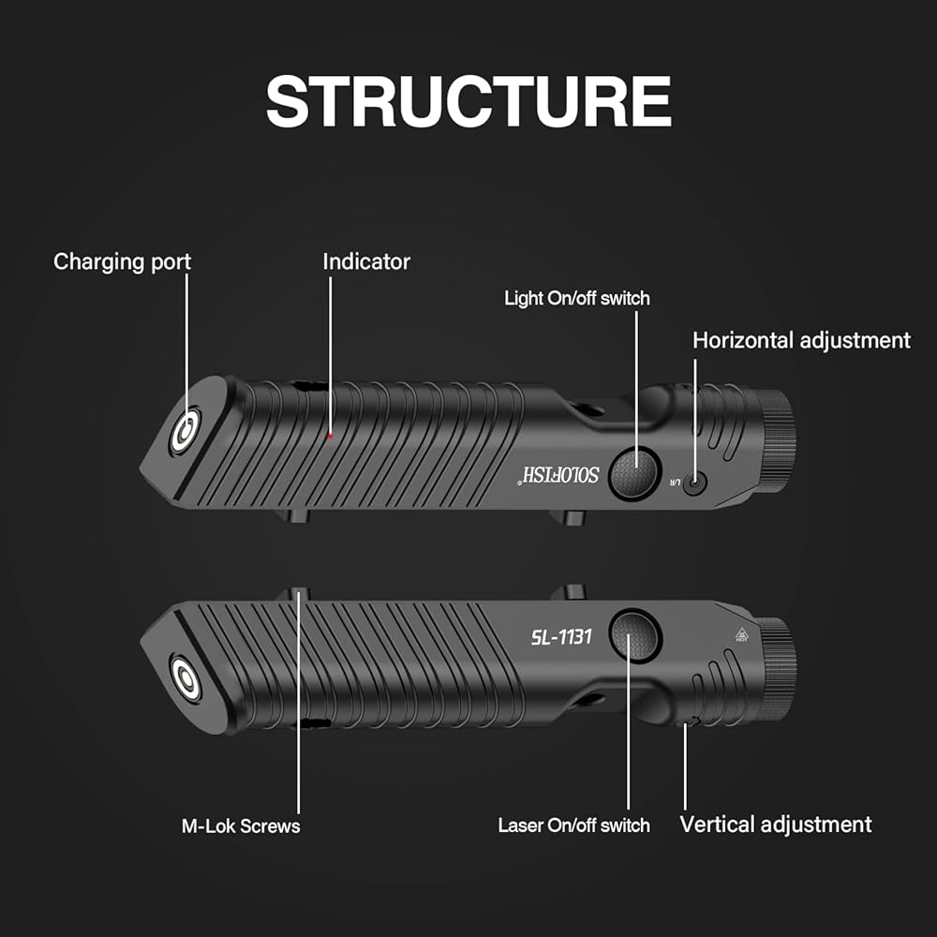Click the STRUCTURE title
coord(468,101)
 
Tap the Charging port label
coord(122,261)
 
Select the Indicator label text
coord(366,261)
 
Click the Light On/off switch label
coord(576,298)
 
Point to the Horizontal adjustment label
coord(801,341)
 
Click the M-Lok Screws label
coord(241,825)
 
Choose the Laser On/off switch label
coord(573,825)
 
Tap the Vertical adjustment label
coord(776,825)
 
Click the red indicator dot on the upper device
coord(331,437)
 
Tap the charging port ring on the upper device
coord(186,430)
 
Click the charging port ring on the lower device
coord(186,678)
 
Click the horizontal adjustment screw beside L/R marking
coord(694,482)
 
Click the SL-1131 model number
coord(561,637)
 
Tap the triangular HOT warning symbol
coord(741,634)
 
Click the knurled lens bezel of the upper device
coord(778,441)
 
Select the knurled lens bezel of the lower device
coord(778,669)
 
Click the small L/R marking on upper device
coord(674,482)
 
